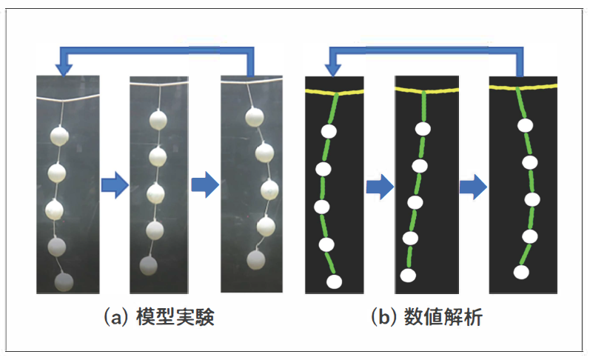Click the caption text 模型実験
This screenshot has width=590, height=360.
click(x=175, y=317)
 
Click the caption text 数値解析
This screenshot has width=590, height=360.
click(x=443, y=317)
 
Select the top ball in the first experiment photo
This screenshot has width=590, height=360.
click(x=59, y=136)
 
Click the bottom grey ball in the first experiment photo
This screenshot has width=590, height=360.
click(x=64, y=282)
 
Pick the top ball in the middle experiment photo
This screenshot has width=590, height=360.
click(x=158, y=120)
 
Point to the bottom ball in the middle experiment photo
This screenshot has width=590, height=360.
click(x=148, y=265)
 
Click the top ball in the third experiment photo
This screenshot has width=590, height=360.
click(x=255, y=117)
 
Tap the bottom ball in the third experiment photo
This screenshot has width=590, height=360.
click(x=256, y=260)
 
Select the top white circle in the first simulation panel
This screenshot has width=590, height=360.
click(x=329, y=131)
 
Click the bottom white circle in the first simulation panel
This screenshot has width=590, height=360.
click(x=334, y=281)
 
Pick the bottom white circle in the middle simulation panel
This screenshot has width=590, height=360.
click(x=408, y=276)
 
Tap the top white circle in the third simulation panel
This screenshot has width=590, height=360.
click(x=525, y=125)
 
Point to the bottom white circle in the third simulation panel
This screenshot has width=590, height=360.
click(x=521, y=272)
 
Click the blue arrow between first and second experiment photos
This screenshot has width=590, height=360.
click(x=115, y=185)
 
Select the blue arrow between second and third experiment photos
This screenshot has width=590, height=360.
click(x=205, y=184)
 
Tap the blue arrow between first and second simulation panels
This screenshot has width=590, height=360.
click(x=380, y=187)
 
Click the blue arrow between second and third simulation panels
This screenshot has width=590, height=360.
click(x=473, y=187)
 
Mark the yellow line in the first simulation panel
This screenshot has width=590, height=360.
click(x=334, y=93)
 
